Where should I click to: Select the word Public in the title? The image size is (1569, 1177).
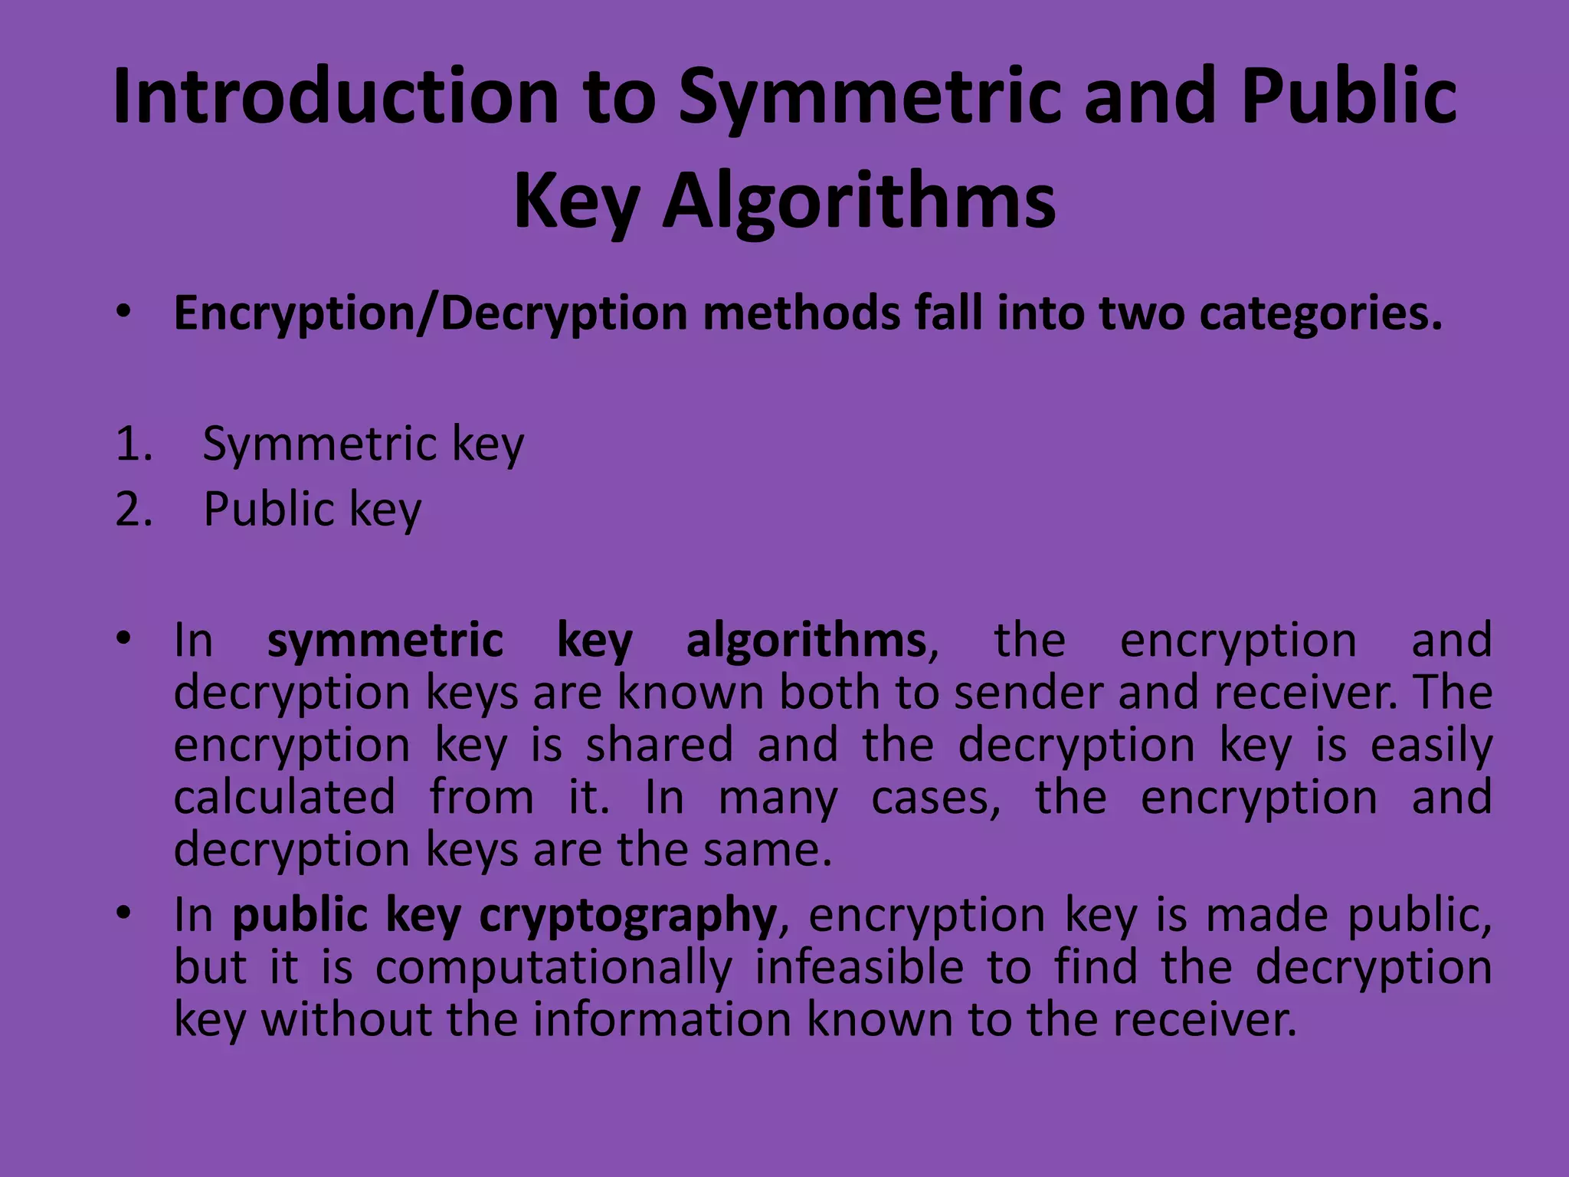pos(1348,97)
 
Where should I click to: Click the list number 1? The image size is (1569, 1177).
pos(133,444)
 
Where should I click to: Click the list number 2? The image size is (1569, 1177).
pos(133,509)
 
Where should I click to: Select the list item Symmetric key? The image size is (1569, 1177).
pos(363,444)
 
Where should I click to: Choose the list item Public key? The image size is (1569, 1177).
pos(312,509)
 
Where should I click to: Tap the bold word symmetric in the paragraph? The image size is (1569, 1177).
pos(385,641)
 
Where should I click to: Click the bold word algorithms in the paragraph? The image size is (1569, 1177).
pos(806,641)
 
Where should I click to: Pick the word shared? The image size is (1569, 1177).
pos(660,745)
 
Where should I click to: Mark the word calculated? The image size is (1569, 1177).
pos(284,797)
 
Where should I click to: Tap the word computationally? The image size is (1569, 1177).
pos(554,967)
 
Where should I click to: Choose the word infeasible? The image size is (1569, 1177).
pos(859,967)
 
